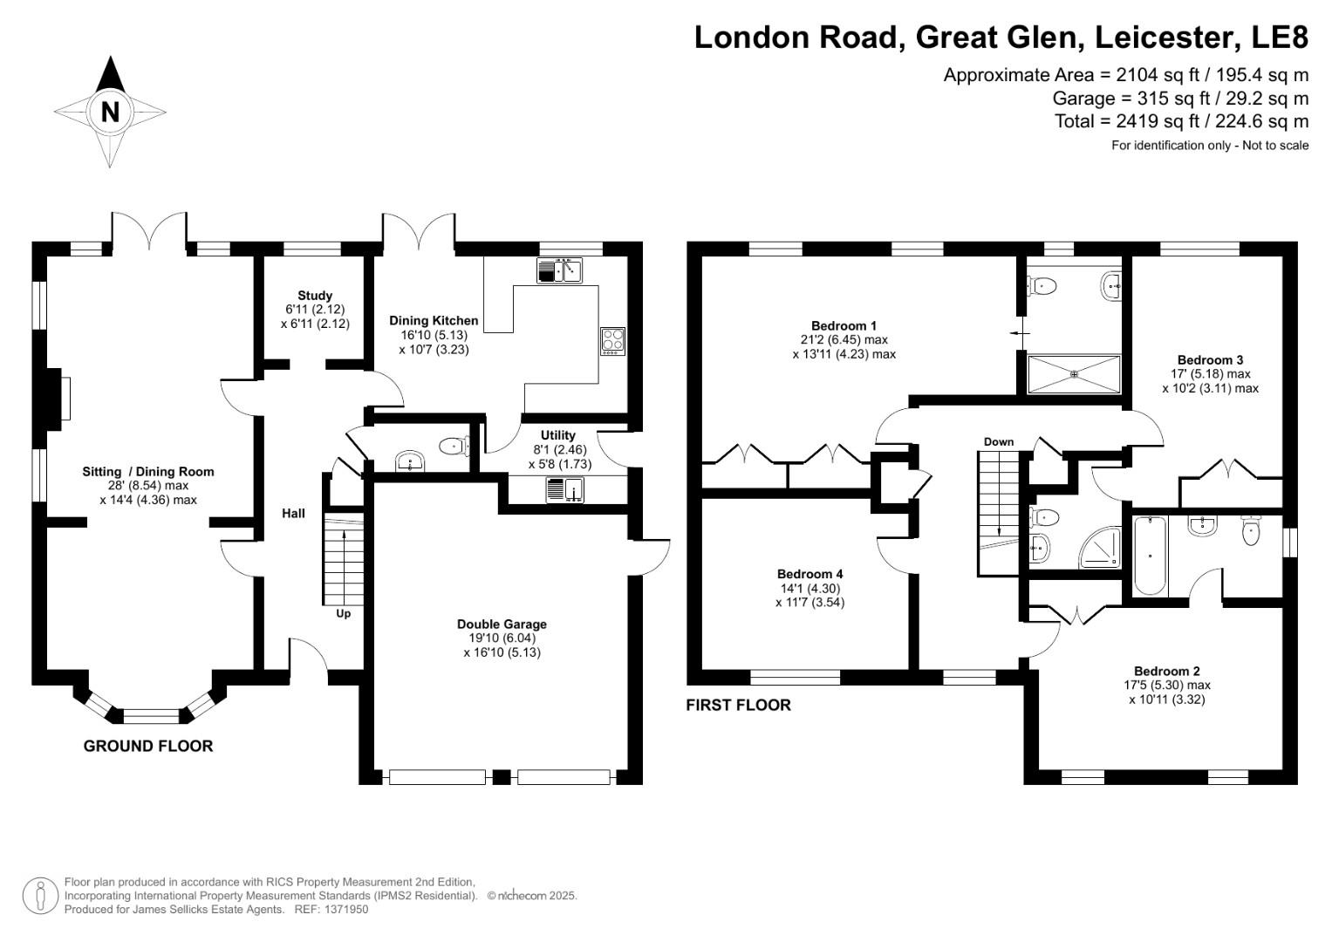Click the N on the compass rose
110,112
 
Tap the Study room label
315,296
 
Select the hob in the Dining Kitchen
612,340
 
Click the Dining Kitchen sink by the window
560,271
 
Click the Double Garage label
502,624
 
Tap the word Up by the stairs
344,613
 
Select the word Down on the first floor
999,441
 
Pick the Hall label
293,513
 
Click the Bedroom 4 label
809,574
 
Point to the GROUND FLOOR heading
148,746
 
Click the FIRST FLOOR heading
738,705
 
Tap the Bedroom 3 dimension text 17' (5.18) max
1210,373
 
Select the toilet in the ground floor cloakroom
454,447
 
